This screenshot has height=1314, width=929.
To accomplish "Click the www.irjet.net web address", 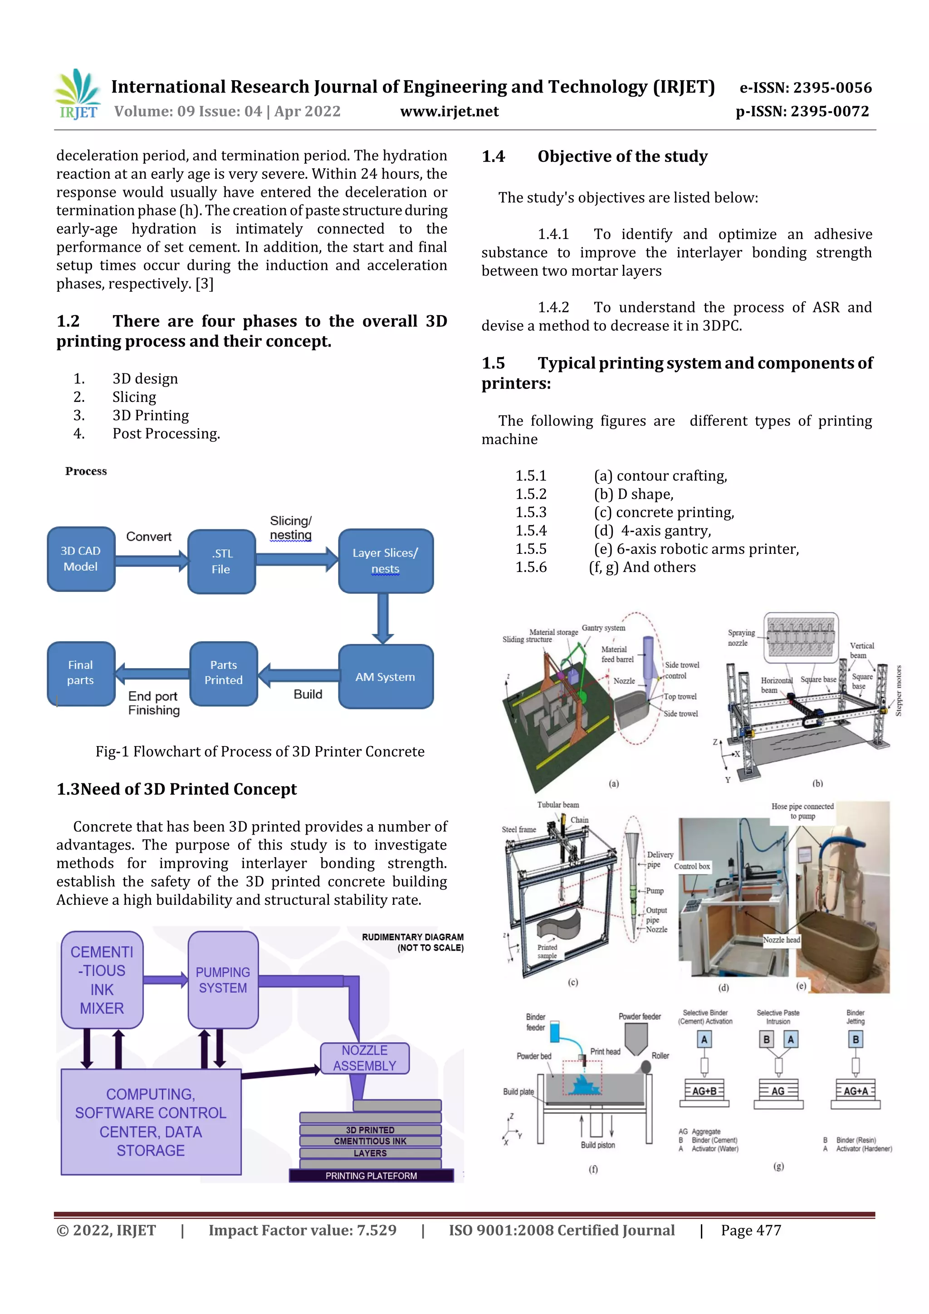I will [x=450, y=112].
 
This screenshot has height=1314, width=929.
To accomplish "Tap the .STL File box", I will [x=221, y=562].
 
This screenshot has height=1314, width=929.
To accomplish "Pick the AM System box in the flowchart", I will [x=385, y=677].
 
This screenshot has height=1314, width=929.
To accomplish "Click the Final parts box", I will [x=81, y=673].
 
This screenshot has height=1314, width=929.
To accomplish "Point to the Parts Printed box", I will [x=223, y=673].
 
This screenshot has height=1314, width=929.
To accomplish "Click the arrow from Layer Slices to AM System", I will [x=382, y=618].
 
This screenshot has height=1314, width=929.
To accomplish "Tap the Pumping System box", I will [x=223, y=980].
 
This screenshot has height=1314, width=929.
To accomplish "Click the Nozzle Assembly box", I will [x=365, y=1058].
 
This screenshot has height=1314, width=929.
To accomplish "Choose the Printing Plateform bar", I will [x=371, y=1176].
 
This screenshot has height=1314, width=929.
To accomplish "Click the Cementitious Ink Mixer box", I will [x=102, y=980].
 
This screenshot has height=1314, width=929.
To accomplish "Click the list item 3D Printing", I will [x=151, y=415].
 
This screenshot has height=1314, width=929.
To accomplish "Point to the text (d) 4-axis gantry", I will [x=653, y=531].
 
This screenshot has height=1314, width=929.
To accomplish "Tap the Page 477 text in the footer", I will [x=751, y=1231].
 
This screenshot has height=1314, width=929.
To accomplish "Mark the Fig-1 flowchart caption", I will [x=260, y=752].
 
